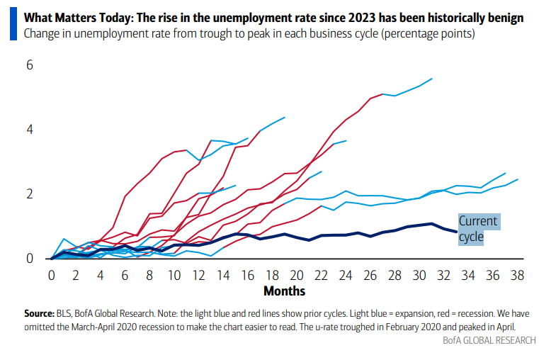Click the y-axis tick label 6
coord(29,65)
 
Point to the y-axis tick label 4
coord(29,130)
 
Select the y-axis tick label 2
coord(29,194)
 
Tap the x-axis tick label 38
coord(517,274)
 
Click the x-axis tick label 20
coord(297,274)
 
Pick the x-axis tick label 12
coord(198,274)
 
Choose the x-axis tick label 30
coord(419,274)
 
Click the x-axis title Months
coord(284,291)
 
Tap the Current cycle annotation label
coord(478,229)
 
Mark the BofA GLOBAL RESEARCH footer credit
coord(489,341)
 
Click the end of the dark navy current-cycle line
coord(456,232)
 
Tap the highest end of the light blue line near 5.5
coord(431,79)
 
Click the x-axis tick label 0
coord(52,274)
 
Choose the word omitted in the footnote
coord(40,325)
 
